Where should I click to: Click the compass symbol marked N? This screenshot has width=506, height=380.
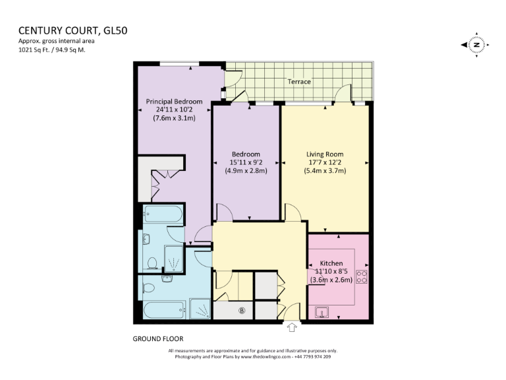(x=476, y=45)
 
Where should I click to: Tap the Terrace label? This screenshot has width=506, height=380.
(x=299, y=82)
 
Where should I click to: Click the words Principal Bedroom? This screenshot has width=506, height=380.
(x=174, y=102)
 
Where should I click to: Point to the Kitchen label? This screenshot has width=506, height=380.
(x=332, y=263)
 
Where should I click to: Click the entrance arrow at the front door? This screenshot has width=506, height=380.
(x=293, y=327)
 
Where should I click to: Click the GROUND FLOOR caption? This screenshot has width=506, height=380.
(x=158, y=338)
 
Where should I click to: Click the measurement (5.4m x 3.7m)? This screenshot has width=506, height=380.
(x=325, y=170)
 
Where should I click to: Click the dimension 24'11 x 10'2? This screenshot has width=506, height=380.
(x=174, y=110)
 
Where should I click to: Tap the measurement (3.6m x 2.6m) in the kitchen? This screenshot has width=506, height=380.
(x=332, y=280)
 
